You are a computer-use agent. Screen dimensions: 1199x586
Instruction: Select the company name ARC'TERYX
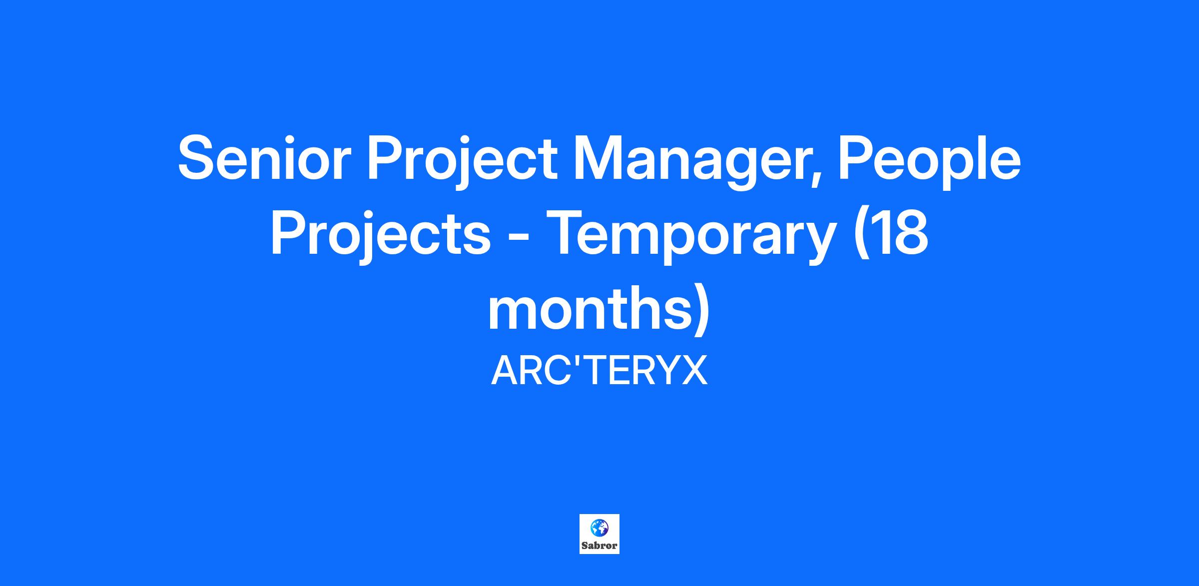[x=599, y=371]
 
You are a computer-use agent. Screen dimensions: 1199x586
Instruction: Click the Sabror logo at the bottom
[x=599, y=534]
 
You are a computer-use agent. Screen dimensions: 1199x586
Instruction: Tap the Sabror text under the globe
[x=599, y=546]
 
